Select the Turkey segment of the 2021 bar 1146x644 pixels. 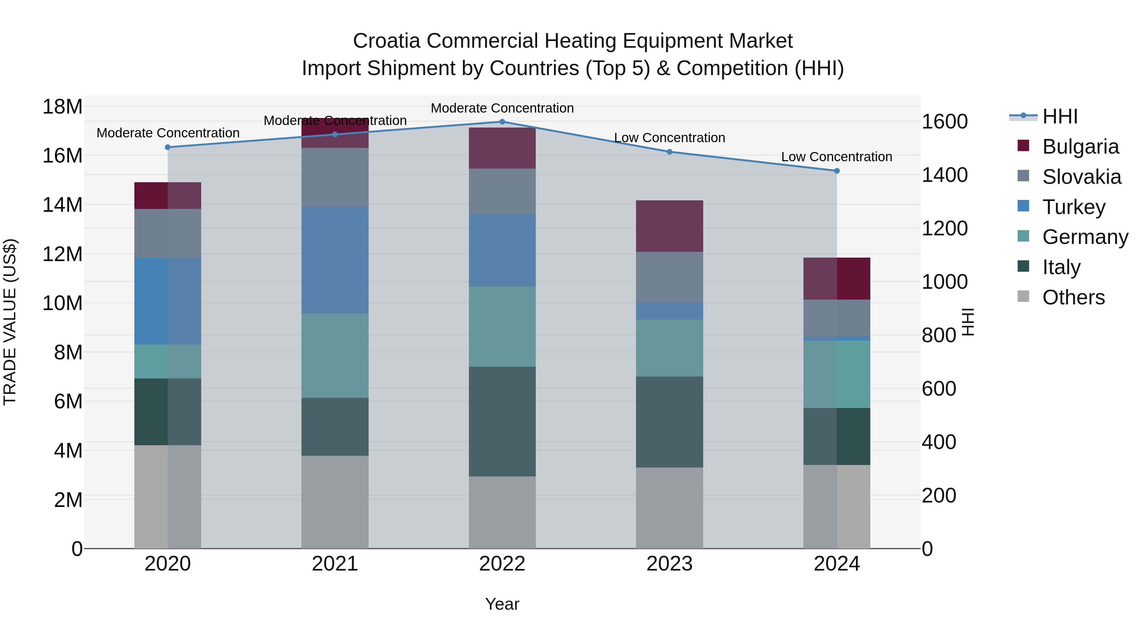pyautogui.click(x=335, y=260)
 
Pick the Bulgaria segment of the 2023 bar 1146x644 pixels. pyautogui.click(x=669, y=226)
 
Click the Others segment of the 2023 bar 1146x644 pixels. pyautogui.click(x=669, y=508)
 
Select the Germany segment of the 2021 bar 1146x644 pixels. pyautogui.click(x=335, y=356)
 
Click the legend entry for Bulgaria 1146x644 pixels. pyautogui.click(x=1080, y=147)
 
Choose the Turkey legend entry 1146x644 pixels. pyautogui.click(x=1073, y=207)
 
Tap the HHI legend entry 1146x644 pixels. pyautogui.click(x=1060, y=116)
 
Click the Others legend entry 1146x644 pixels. pyautogui.click(x=1073, y=297)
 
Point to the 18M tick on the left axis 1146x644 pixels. pyautogui.click(x=62, y=107)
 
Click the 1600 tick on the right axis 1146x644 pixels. pyautogui.click(x=944, y=122)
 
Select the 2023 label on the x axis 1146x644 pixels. pyautogui.click(x=669, y=564)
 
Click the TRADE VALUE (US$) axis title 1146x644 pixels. pyautogui.click(x=10, y=322)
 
